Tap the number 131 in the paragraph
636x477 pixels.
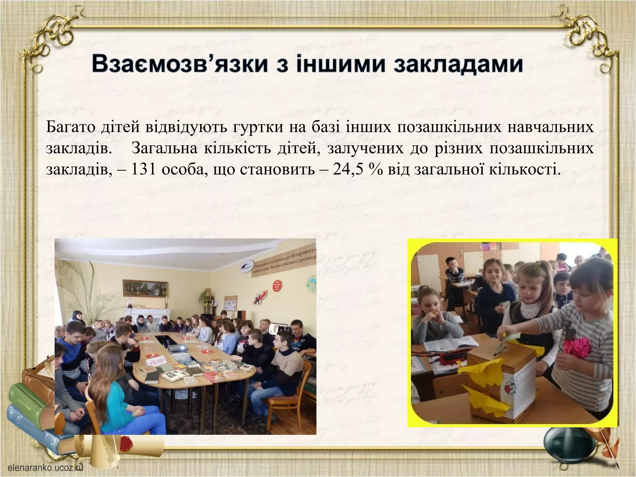coord(143,170)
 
